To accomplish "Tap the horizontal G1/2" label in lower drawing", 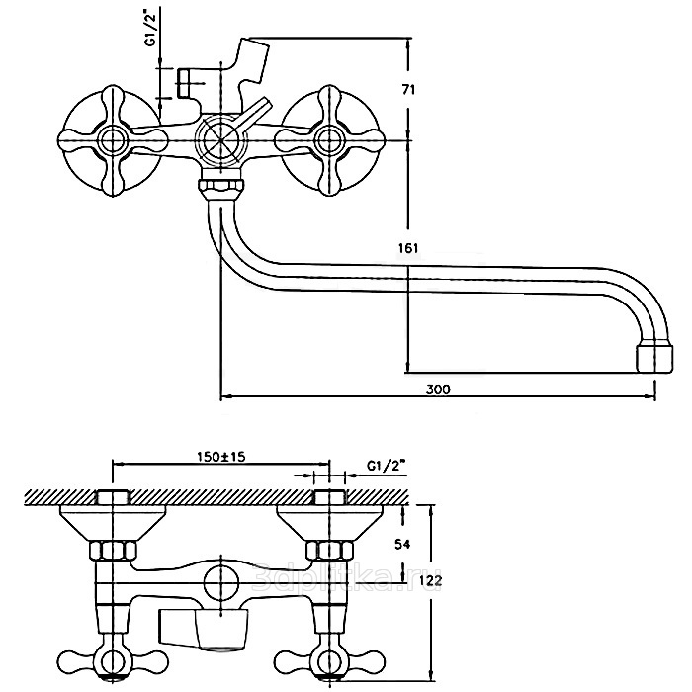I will click(x=387, y=465).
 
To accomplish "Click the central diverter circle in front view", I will click(x=219, y=140).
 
